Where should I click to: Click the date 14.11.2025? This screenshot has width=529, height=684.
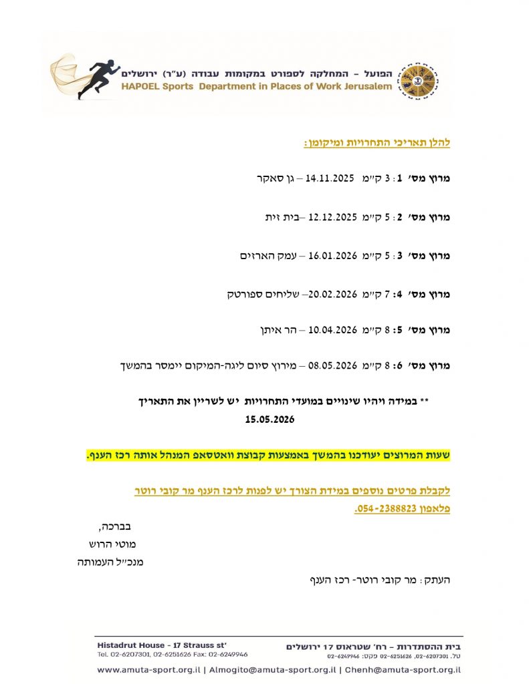click(x=330, y=178)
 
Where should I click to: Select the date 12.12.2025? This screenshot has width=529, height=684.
click(x=332, y=218)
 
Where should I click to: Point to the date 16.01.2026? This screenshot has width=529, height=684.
click(x=332, y=256)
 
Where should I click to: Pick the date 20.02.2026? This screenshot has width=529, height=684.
click(x=332, y=294)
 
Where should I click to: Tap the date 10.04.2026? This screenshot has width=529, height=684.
click(x=332, y=330)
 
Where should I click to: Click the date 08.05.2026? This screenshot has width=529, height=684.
click(x=332, y=365)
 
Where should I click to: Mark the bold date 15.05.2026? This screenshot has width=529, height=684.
click(x=270, y=420)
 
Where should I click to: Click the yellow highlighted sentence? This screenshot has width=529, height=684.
click(x=268, y=456)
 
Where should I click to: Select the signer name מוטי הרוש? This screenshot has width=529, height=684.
click(x=112, y=544)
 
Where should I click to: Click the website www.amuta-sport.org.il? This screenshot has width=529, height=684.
click(x=148, y=669)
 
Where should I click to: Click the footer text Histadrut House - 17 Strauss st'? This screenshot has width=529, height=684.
click(x=162, y=645)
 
